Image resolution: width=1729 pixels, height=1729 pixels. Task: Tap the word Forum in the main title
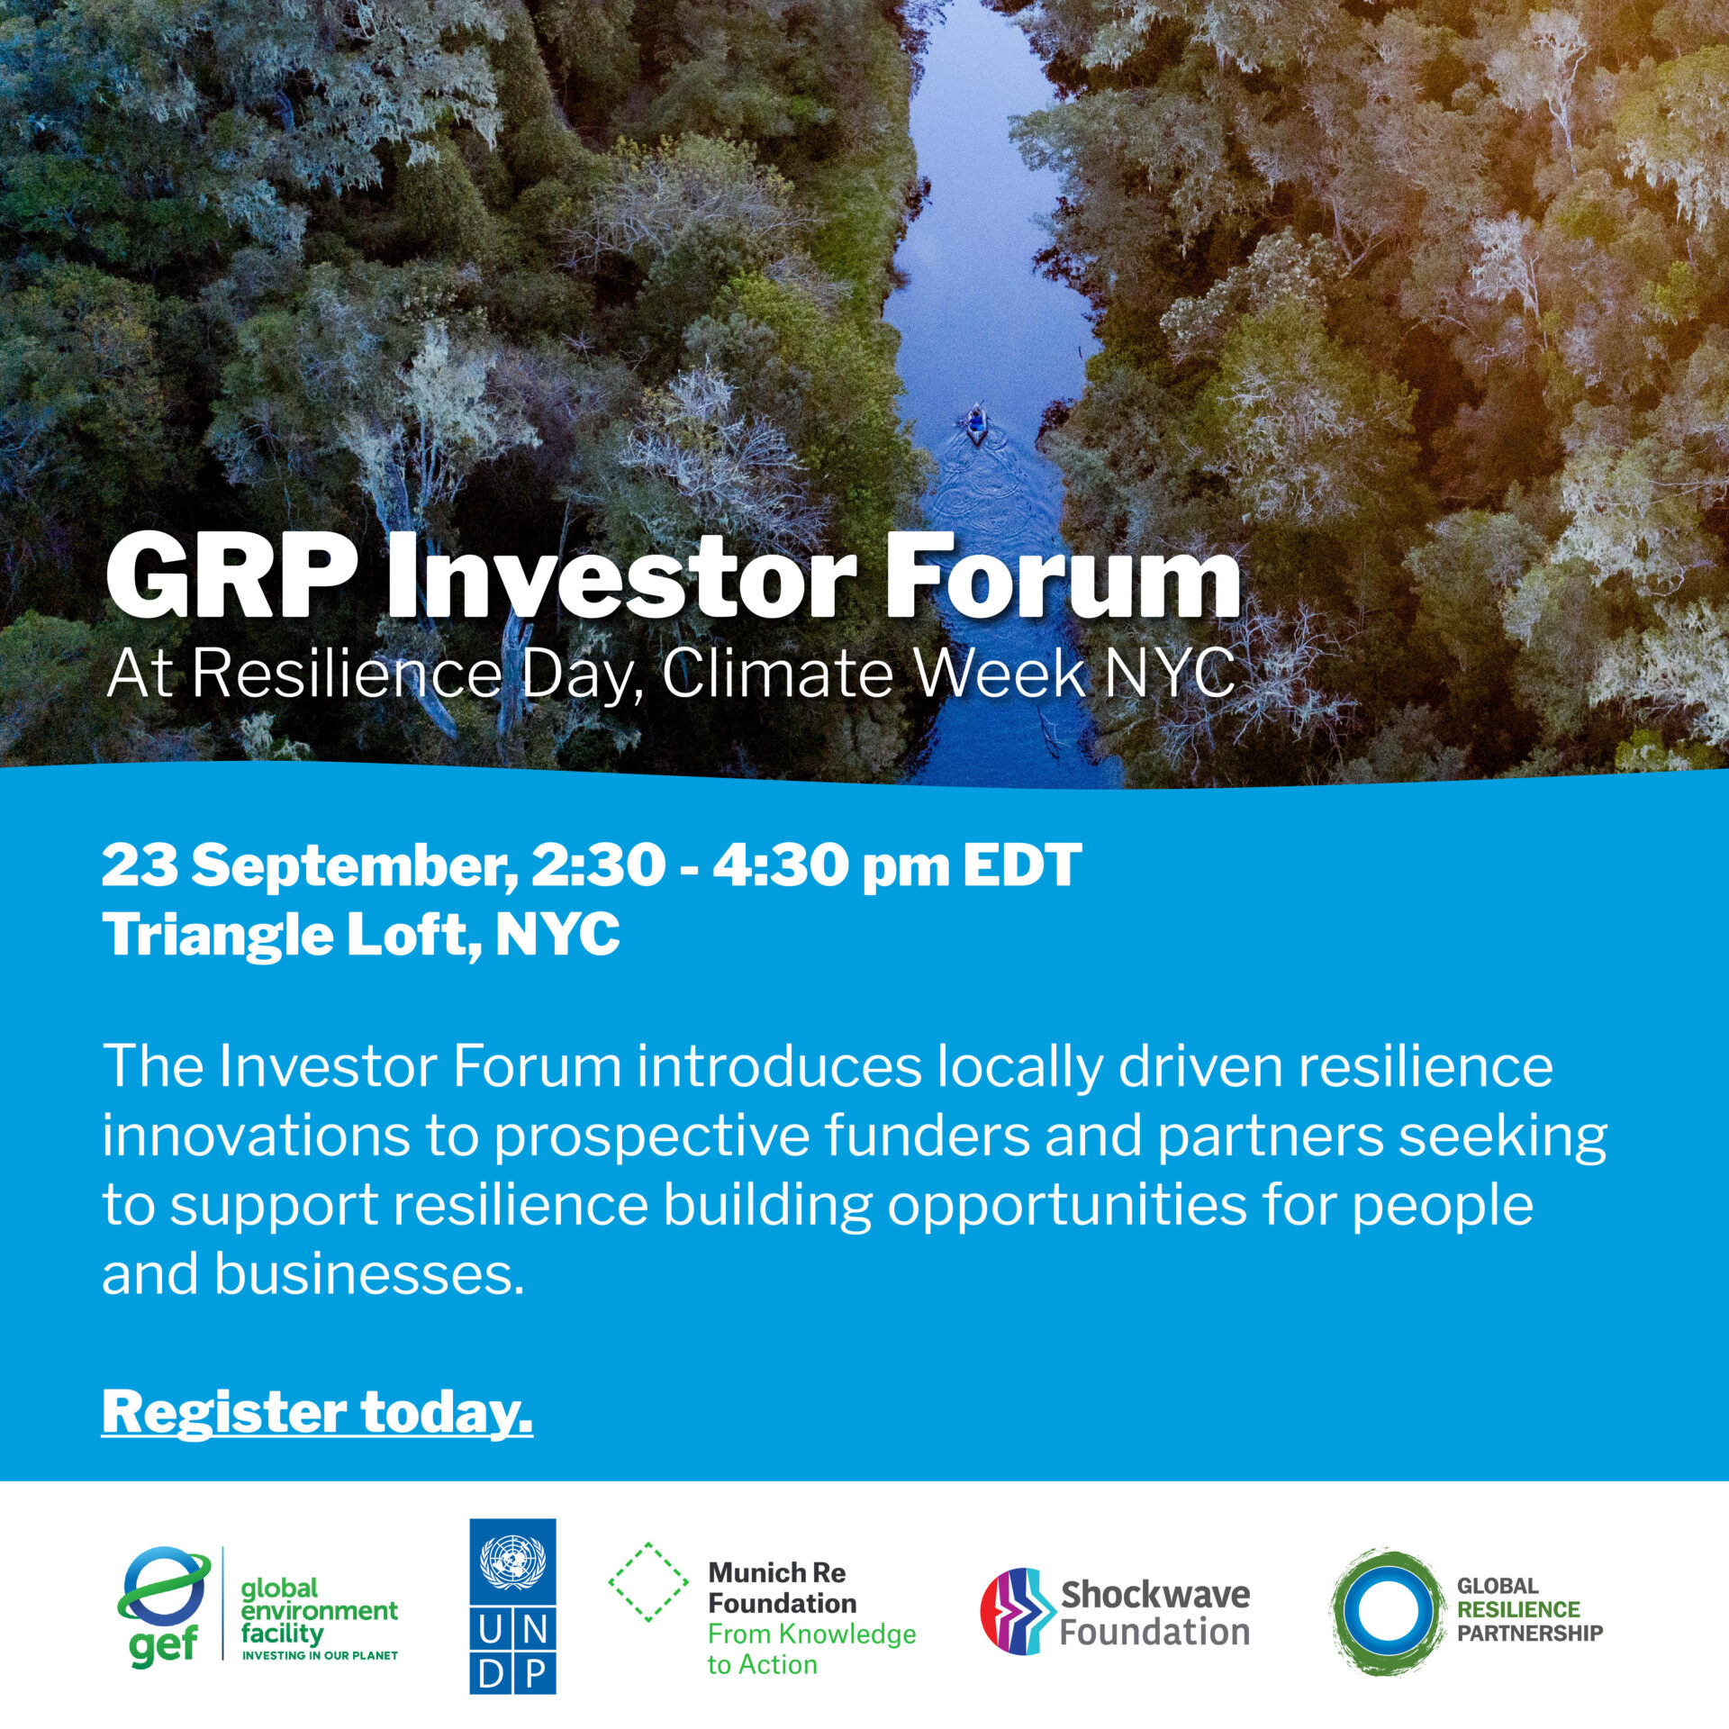coord(1064,577)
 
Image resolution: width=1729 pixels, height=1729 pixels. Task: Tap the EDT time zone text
coord(1022,865)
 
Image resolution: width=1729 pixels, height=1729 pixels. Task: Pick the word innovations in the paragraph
coord(256,1136)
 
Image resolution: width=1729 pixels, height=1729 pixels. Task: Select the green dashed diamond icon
coord(648,1582)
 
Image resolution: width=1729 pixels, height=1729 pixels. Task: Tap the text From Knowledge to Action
coord(811,1649)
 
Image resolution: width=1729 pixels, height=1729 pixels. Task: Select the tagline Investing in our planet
coord(320,1655)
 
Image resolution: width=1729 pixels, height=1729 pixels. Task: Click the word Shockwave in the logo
coord(1155,1595)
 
